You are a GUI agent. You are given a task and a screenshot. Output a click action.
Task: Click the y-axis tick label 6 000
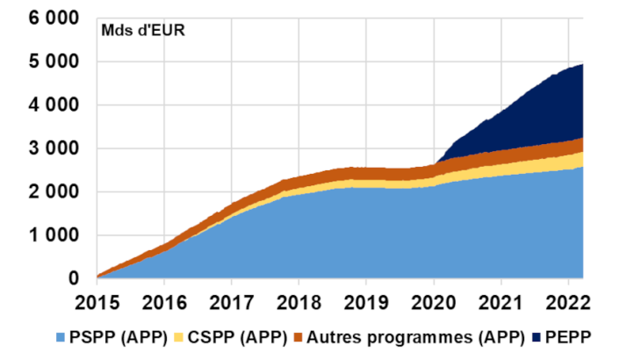[x=54, y=18]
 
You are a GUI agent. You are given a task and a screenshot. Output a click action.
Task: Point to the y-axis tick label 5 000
[x=54, y=61]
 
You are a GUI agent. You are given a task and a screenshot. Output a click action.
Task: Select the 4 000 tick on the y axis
[x=54, y=105]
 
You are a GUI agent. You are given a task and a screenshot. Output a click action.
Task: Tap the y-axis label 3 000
[x=54, y=148]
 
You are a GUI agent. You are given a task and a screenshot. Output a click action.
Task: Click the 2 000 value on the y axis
[x=54, y=192]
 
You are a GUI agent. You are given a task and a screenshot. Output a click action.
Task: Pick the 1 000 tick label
[x=54, y=235]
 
